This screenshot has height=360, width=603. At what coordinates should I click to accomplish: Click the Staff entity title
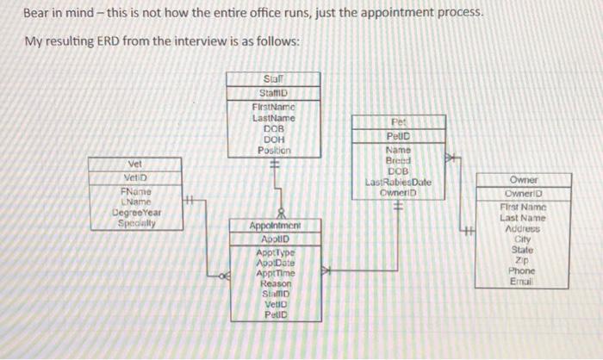click(x=273, y=79)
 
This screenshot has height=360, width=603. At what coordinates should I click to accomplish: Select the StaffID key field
click(x=273, y=93)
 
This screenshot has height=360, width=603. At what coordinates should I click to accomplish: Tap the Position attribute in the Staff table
click(x=273, y=150)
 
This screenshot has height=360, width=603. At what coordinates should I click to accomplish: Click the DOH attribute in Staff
click(x=273, y=139)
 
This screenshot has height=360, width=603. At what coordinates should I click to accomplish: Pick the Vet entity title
click(x=135, y=164)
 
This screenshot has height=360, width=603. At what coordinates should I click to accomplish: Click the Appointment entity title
click(x=273, y=226)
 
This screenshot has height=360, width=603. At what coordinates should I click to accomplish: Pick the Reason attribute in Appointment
click(x=275, y=283)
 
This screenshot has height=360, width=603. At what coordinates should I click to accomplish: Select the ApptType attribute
click(x=275, y=252)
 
